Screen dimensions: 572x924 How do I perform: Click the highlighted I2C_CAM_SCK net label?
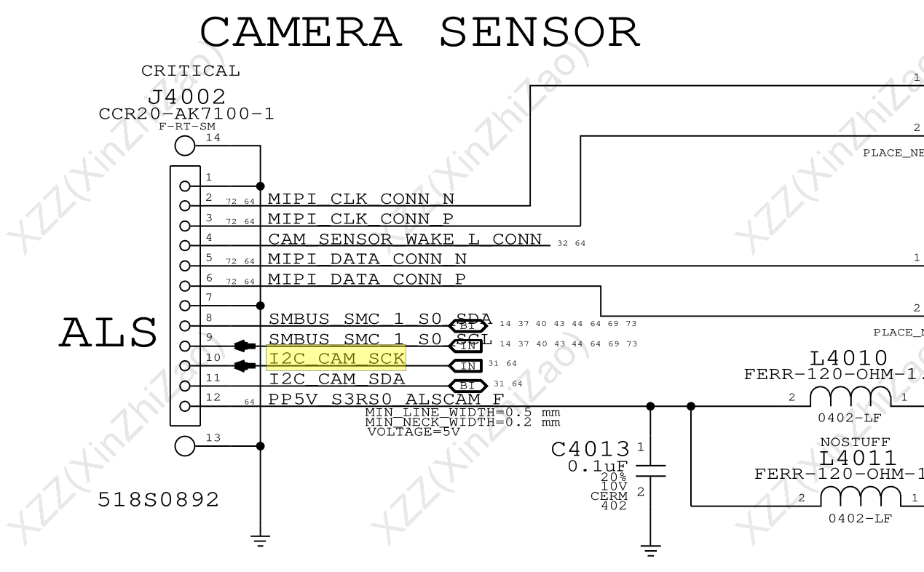[x=336, y=358]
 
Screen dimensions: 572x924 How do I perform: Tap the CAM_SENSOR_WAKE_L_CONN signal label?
[x=405, y=239]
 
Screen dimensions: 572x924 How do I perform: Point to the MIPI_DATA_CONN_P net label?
[x=367, y=279]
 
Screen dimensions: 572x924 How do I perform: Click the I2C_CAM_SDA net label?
[x=336, y=378]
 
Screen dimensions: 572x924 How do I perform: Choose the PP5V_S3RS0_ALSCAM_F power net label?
[x=386, y=399]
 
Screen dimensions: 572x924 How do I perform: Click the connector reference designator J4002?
[x=186, y=97]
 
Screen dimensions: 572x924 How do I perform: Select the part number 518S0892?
[x=159, y=500]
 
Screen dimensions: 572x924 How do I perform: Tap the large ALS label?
[x=108, y=333]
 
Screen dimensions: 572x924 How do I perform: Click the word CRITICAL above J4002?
[x=190, y=71]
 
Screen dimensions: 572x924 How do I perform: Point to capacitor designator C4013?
[x=590, y=450]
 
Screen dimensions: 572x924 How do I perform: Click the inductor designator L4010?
[x=848, y=358]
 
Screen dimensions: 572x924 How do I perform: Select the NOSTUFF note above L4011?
[x=854, y=442]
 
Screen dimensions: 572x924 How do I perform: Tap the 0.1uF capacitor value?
[x=598, y=465]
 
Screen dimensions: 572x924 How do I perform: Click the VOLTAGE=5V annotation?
[x=413, y=432]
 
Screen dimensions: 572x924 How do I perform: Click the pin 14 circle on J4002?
[x=185, y=146]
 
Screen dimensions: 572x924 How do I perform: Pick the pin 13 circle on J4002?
[x=185, y=446]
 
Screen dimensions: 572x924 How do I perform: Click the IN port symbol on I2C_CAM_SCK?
[x=467, y=365]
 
